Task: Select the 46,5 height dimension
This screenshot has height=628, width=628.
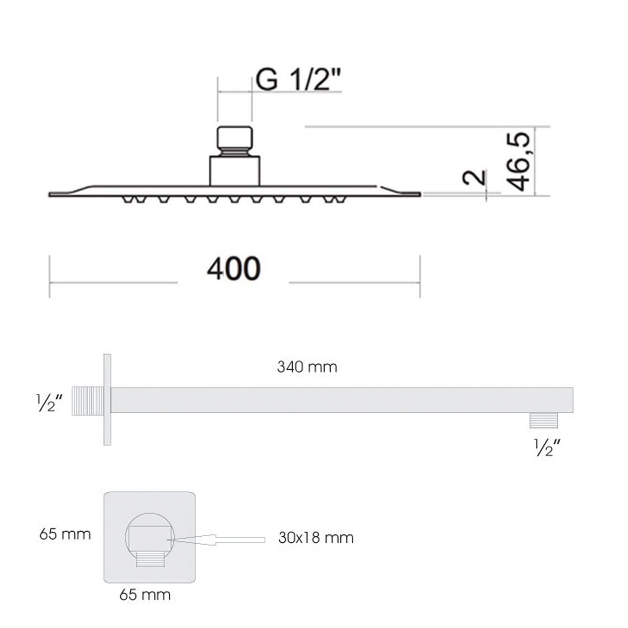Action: point(518,161)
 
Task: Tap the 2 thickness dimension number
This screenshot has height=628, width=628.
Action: point(475,178)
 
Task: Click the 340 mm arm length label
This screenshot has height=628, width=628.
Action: point(307,367)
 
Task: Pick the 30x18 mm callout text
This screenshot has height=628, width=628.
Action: point(316,538)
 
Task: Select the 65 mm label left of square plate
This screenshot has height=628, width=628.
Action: point(65,534)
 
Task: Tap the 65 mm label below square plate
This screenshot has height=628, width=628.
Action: point(145,595)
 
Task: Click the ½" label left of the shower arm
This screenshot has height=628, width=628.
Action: point(49,403)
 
